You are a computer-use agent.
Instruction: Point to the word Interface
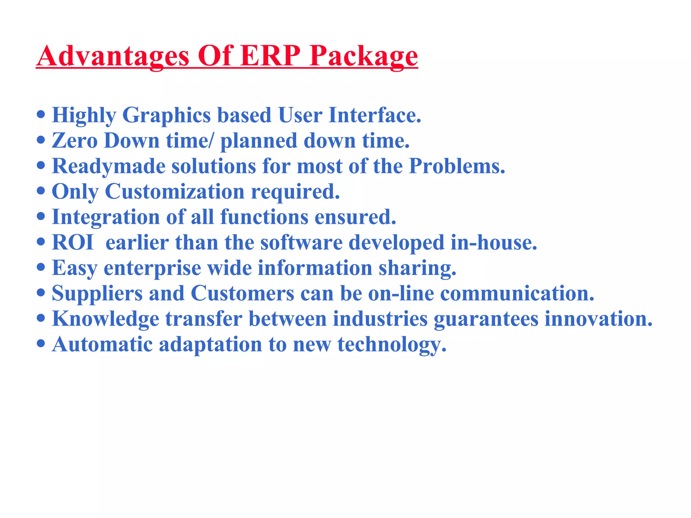tap(375, 115)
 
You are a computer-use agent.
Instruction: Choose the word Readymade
tap(108, 167)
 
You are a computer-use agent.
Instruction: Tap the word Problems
tap(457, 166)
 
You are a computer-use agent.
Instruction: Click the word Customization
tap(175, 192)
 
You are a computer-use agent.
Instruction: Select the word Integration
tap(106, 218)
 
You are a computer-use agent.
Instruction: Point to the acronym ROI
tap(73, 242)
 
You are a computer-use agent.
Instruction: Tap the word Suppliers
tap(97, 294)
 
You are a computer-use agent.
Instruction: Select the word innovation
tap(599, 319)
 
